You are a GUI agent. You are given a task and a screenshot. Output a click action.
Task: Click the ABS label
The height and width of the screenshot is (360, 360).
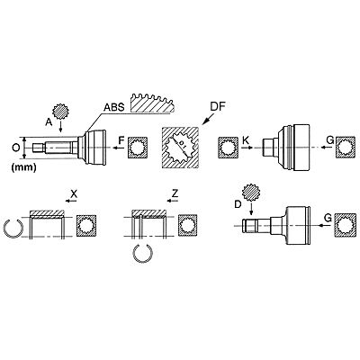tap(114, 107)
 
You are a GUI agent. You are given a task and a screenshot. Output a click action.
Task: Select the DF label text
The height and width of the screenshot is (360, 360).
tap(218, 106)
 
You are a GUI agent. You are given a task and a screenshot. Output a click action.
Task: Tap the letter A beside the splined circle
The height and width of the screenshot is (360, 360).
tap(49, 121)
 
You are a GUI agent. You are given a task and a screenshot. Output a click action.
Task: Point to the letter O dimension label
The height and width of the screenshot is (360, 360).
tap(16, 148)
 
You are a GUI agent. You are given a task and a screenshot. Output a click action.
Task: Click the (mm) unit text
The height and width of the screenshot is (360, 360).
tap(23, 167)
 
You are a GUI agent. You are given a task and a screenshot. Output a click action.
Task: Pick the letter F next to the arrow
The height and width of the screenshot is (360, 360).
tap(121, 140)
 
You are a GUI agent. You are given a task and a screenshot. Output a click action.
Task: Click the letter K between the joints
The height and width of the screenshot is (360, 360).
tap(246, 140)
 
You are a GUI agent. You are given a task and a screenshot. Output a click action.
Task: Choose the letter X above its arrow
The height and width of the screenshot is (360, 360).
tap(74, 193)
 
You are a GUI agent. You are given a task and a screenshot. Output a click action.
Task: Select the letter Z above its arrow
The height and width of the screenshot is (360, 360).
tap(175, 193)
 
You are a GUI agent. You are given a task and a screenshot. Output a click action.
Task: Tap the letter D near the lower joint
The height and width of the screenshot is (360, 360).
tap(238, 204)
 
